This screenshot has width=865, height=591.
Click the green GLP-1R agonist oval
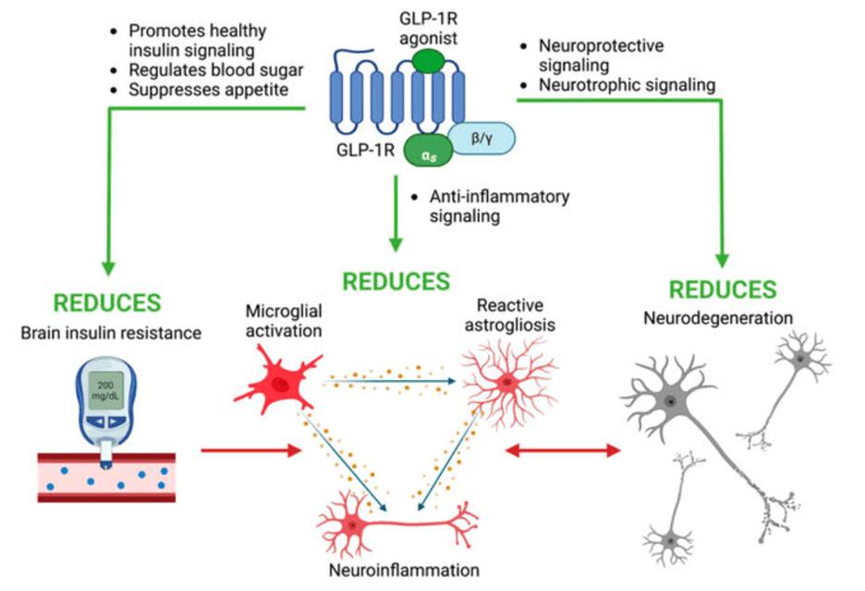click(428, 61)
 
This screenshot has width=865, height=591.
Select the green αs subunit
click(425, 155)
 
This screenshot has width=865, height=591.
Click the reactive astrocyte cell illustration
click(505, 380)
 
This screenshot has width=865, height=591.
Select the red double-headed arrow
click(561, 450)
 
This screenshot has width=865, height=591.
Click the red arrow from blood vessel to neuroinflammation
click(251, 450)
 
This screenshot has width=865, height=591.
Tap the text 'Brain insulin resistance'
click(110, 334)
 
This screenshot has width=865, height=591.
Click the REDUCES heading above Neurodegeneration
click(722, 289)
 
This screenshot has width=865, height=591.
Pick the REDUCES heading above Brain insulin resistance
click(107, 303)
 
